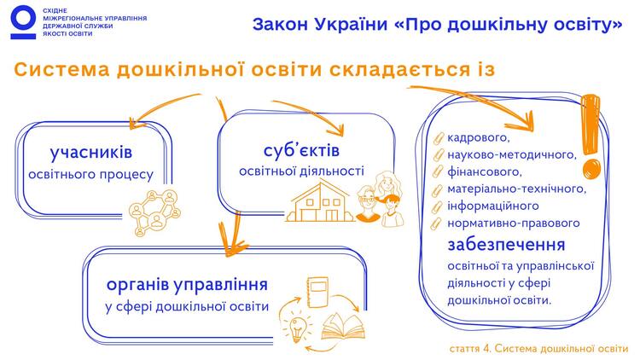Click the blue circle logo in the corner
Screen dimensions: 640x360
tap(23, 21)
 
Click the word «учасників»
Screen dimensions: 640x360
tap(91, 152)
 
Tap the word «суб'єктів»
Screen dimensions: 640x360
tap(301, 150)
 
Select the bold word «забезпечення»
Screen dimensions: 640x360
tap(506, 245)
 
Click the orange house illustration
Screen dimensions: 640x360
tap(320, 202)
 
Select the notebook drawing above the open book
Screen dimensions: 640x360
tap(317, 292)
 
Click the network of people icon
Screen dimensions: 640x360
tap(154, 212)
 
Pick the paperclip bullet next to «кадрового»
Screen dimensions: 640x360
tap(438, 138)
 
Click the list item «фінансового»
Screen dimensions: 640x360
tap(485, 171)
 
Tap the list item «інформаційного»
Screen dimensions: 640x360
tap(493, 206)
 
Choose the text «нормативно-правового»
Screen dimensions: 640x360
tap(514, 224)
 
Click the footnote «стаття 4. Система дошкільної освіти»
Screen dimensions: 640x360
tap(538, 349)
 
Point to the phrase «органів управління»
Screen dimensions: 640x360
tap(187, 284)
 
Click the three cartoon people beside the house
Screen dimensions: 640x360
tap(379, 199)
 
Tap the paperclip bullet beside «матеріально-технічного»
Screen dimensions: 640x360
tap(438, 189)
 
